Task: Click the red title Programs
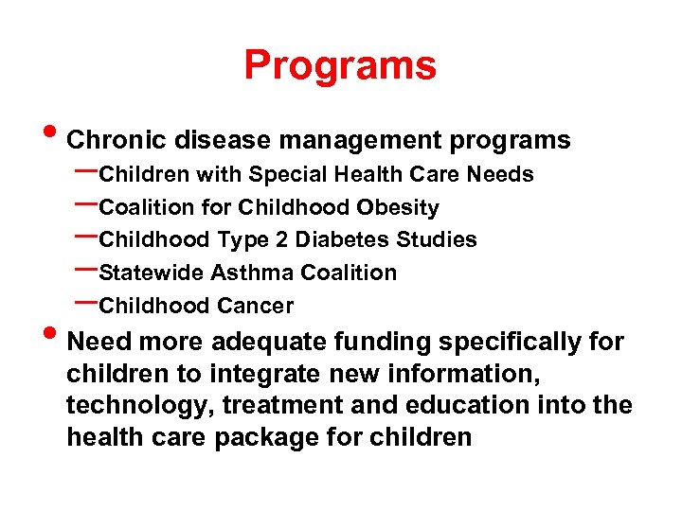(x=340, y=65)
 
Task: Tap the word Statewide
(x=152, y=273)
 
